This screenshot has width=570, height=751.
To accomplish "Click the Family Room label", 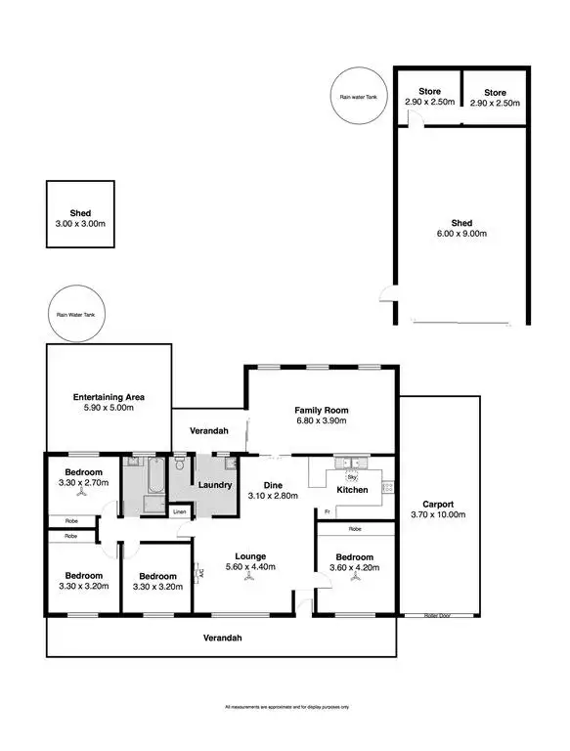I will [322, 411].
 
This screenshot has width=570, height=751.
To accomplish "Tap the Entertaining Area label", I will [109, 397].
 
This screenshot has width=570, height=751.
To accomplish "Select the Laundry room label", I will [213, 485].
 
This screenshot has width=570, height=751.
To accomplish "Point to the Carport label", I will [439, 504].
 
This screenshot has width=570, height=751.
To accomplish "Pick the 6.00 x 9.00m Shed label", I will [461, 222].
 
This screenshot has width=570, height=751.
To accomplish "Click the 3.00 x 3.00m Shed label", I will [79, 212].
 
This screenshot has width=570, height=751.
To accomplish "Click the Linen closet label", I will [179, 511].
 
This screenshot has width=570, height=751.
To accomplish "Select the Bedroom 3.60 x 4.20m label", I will [354, 564].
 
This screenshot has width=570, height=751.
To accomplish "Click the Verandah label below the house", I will [222, 638].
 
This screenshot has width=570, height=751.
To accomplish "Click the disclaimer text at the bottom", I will [285, 706].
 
